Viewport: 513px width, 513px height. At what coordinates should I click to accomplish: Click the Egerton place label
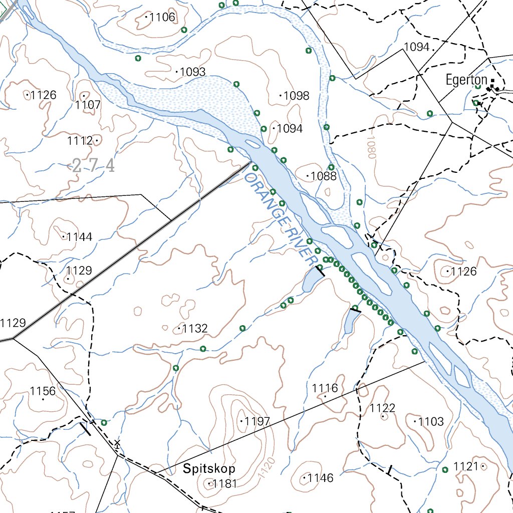tap(466, 80)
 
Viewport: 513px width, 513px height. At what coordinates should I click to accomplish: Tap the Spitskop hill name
tap(209, 469)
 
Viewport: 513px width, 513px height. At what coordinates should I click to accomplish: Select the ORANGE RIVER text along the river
tap(282, 219)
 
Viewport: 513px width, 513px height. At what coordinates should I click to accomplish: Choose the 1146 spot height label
tap(320, 478)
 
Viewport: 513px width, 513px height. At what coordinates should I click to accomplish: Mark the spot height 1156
tap(43, 391)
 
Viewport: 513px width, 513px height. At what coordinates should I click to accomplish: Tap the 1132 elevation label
tap(194, 329)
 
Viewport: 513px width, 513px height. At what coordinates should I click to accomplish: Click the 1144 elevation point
tap(79, 237)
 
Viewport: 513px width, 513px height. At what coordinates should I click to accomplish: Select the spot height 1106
tap(162, 18)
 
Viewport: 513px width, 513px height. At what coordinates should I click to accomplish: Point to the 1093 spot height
tap(192, 72)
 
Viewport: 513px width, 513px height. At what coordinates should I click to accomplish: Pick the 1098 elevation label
tap(296, 96)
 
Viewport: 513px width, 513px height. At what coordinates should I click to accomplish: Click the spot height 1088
tap(323, 176)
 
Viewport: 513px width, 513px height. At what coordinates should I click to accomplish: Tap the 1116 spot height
tap(325, 388)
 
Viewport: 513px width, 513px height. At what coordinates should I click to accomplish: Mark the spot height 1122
tap(383, 408)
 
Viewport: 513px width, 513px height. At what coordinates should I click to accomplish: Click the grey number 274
tap(94, 165)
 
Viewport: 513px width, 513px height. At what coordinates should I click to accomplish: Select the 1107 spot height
tap(88, 105)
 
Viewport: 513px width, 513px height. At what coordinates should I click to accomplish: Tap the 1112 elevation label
tap(81, 141)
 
